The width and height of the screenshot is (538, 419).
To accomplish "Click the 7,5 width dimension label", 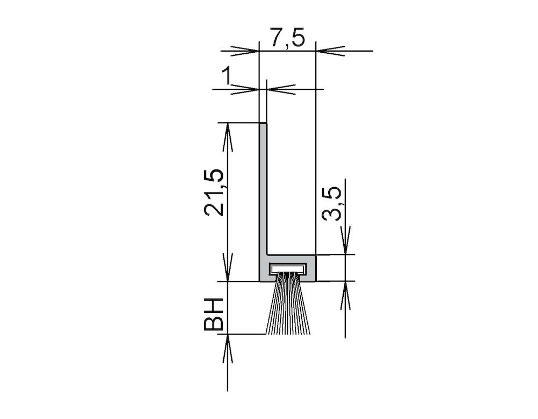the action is pyautogui.click(x=287, y=38).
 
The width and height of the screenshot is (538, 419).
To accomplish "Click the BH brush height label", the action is pyautogui.click(x=213, y=314).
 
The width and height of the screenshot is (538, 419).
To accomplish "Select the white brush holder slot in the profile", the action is pyautogui.click(x=288, y=268).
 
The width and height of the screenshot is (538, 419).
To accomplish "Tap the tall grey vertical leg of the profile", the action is pyautogui.click(x=263, y=189).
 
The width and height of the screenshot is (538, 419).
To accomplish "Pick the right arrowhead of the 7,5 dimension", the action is pyautogui.click(x=330, y=51).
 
